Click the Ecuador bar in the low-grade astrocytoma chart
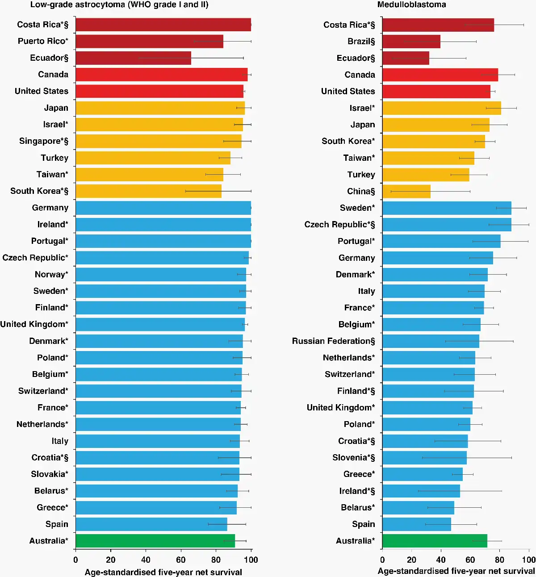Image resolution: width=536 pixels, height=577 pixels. [133, 58]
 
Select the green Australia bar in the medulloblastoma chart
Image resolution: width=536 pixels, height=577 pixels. [434, 541]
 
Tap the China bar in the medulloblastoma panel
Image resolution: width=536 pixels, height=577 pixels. [406, 192]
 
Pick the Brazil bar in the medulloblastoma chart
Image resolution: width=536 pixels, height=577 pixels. [411, 42]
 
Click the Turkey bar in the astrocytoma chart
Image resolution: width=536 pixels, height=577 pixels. [153, 158]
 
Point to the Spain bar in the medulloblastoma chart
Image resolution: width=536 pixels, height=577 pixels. [416, 524]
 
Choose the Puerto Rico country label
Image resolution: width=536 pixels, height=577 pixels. [43, 41]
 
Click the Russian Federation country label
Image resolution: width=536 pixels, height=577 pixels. [333, 341]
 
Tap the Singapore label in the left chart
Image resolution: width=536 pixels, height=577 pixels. [43, 141]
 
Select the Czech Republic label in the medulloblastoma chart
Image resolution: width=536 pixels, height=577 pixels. [339, 225]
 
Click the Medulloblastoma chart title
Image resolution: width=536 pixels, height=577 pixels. [411, 5]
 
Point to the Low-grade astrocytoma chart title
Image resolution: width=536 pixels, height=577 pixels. [119, 5]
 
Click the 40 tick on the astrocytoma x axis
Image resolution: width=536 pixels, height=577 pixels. [146, 560]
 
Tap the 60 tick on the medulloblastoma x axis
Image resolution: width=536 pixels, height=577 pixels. [470, 560]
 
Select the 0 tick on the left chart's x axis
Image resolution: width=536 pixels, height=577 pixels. [75, 560]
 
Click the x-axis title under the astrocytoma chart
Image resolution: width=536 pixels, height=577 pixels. [163, 572]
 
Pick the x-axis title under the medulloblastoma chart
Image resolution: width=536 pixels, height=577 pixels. [456, 571]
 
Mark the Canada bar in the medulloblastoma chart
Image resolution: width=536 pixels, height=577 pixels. [440, 75]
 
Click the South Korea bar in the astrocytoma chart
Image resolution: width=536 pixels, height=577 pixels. [148, 191]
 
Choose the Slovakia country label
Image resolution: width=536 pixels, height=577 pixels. [49, 474]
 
